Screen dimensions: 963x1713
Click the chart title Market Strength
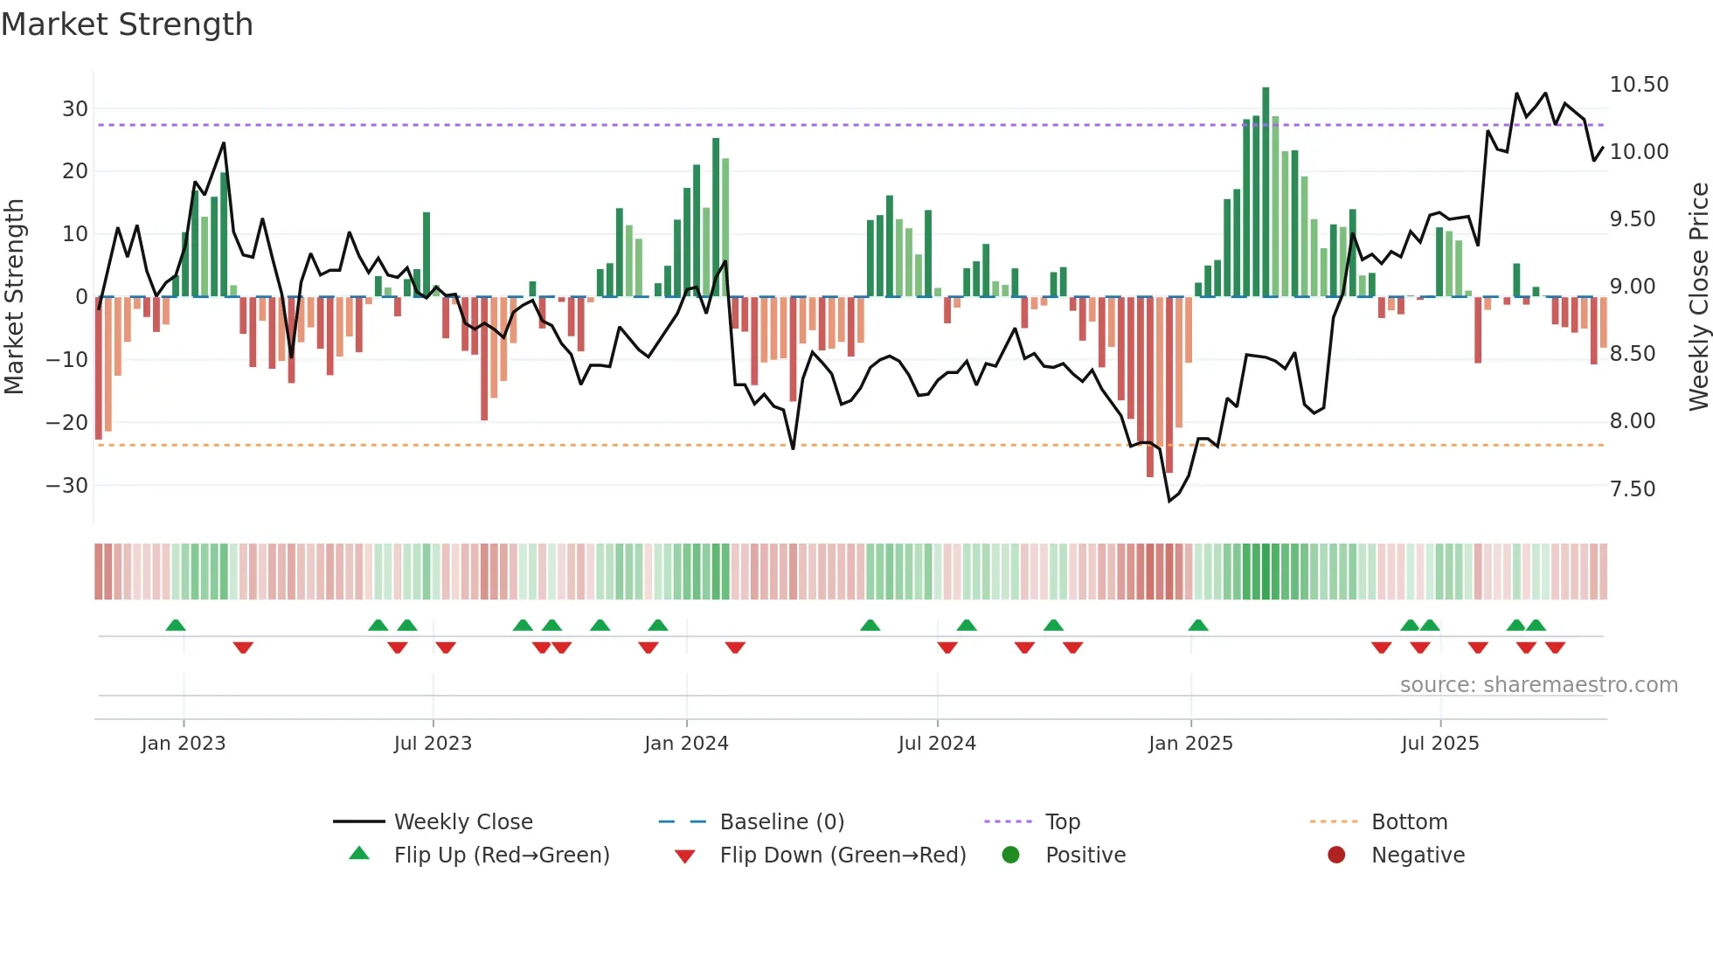(x=127, y=24)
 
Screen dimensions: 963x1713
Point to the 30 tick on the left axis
(x=75, y=109)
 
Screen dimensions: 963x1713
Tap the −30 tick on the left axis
(x=67, y=486)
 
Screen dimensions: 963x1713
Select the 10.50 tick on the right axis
(x=1639, y=85)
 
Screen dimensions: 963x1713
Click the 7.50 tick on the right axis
(x=1632, y=489)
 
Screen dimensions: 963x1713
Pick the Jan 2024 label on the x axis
(x=686, y=744)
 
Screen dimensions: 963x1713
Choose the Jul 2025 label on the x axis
(x=1439, y=744)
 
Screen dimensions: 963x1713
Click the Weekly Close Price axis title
(x=1698, y=297)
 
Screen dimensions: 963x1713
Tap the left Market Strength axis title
(x=15, y=297)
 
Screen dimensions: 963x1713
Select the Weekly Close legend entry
(x=462, y=822)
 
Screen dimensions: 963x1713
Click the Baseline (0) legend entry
(x=781, y=822)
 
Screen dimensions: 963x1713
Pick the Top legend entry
(x=1063, y=822)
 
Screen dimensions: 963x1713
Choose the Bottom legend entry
(x=1409, y=822)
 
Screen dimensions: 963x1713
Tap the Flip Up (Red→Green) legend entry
(x=501, y=856)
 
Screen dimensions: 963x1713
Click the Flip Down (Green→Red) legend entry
(x=843, y=856)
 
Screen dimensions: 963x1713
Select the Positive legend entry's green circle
(x=1010, y=856)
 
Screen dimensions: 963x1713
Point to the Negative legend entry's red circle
(x=1336, y=856)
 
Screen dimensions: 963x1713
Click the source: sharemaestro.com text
(x=1538, y=685)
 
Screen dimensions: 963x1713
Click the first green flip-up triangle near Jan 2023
(x=176, y=625)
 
